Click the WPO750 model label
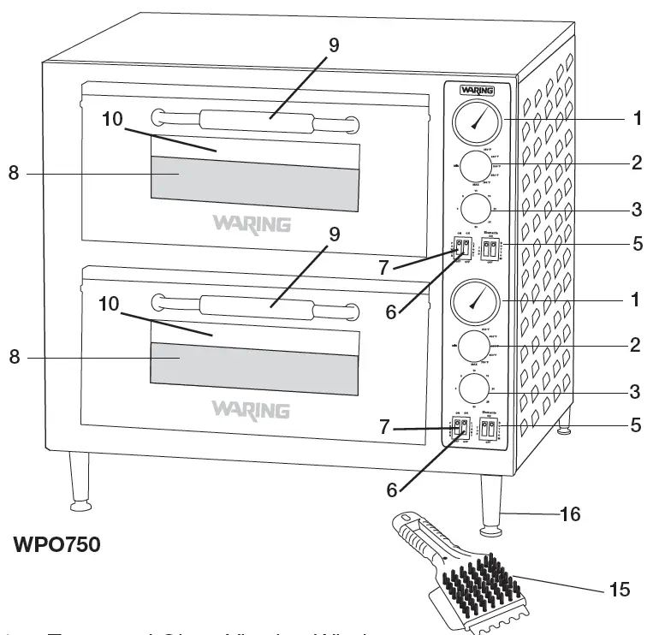pos(57,545)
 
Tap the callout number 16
pos(570,513)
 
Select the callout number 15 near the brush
pos(620,590)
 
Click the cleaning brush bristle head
pos(483,582)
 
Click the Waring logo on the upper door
pos(251,224)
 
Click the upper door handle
pos(253,121)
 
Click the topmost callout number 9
pos(333,45)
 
